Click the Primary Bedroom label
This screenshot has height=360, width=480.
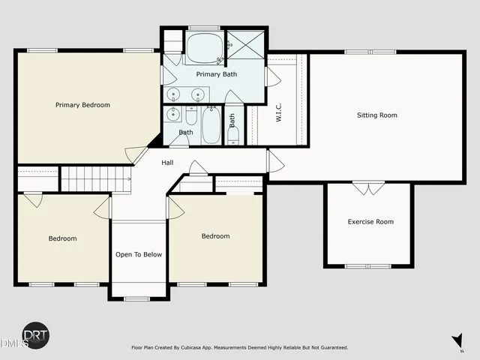click(82, 105)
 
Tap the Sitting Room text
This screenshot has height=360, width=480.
click(376, 115)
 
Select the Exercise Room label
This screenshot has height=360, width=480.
click(370, 221)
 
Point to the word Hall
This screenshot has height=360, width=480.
click(168, 162)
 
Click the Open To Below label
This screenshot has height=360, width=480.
click(139, 254)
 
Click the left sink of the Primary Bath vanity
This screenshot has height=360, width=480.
click(174, 94)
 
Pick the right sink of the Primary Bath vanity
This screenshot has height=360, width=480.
click(198, 94)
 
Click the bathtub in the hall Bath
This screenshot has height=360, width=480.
click(211, 124)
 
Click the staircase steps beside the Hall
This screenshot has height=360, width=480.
click(95, 179)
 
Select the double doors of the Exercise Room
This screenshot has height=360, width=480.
click(367, 187)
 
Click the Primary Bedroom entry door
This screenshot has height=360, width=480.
click(136, 154)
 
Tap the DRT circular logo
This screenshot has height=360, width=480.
click(35, 335)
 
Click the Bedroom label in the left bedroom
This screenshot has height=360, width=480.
click(62, 238)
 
